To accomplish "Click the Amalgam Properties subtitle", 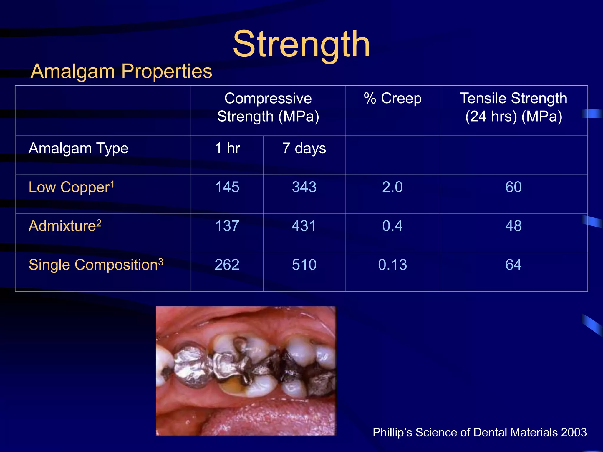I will [x=121, y=71].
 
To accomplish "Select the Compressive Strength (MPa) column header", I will [x=268, y=107].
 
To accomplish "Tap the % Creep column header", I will [x=392, y=98].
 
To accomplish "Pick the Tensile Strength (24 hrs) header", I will [x=513, y=107].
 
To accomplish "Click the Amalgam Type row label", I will [x=78, y=148].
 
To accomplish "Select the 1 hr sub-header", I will [x=227, y=148].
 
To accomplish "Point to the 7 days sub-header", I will [x=304, y=148].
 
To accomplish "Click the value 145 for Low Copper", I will [x=227, y=187].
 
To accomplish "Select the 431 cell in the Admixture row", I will [x=304, y=226].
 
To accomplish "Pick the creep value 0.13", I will [x=392, y=265].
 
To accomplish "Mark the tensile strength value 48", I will [x=513, y=226].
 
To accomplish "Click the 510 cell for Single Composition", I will [x=304, y=265].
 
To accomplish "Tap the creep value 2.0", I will [x=392, y=187].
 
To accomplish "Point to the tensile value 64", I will [x=513, y=265].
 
